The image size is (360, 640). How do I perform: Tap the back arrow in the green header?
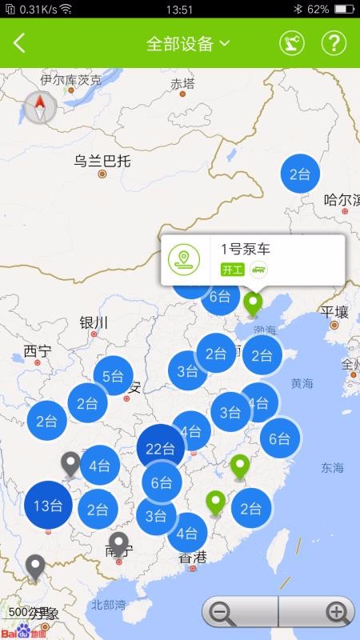tap(20, 43)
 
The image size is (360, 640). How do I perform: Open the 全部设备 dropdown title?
tap(187, 43)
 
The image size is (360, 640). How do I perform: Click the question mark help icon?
tap(334, 43)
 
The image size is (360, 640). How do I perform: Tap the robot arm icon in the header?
tap(292, 43)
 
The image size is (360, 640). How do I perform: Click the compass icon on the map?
tap(40, 107)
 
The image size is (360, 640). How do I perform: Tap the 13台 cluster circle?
tap(48, 505)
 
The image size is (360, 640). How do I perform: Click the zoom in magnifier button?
tap(337, 614)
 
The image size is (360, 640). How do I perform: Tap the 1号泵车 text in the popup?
tap(246, 250)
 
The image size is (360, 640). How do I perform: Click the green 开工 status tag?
tap(231, 270)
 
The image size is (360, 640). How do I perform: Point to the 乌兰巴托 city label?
tap(102, 161)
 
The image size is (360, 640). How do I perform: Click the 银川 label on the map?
tap(94, 322)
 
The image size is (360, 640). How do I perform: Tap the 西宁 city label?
tap(37, 350)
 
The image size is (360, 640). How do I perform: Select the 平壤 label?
tap(334, 312)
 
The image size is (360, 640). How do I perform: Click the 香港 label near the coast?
tap(192, 557)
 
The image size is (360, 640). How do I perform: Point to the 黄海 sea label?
tap(302, 383)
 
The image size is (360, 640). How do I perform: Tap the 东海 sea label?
tap(332, 467)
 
